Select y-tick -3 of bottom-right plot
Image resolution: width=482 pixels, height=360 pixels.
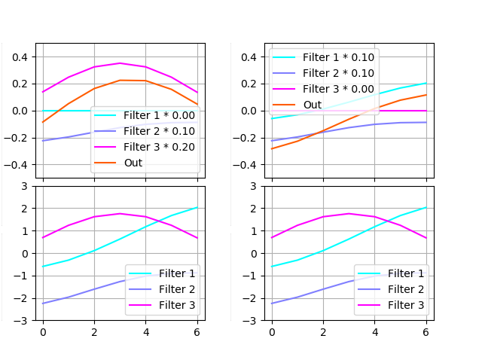(x=254, y=321)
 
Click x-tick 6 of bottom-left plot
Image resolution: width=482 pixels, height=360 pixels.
(x=197, y=331)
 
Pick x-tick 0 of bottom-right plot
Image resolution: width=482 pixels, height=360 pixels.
(x=272, y=331)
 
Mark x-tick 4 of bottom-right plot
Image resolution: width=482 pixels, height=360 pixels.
(x=375, y=331)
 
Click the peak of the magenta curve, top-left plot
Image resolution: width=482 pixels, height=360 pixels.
(x=120, y=63)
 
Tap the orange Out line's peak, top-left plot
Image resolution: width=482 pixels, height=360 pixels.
(x=120, y=80)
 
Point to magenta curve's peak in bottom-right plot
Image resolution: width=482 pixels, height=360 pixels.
(x=349, y=213)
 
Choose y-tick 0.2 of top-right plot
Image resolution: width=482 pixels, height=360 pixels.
(x=249, y=84)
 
